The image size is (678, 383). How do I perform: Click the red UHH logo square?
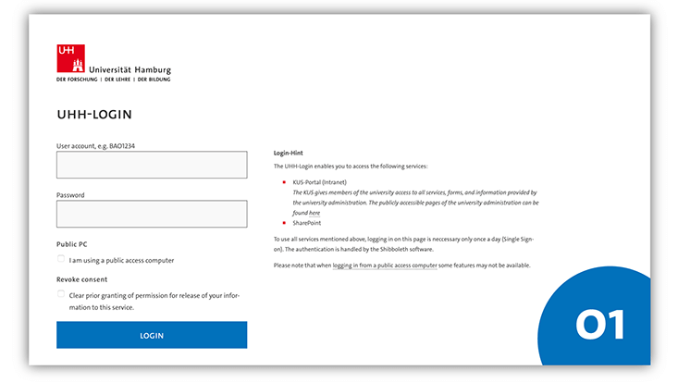[x=70, y=58]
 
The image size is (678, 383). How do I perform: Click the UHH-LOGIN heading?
[x=94, y=115]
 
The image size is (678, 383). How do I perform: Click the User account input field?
[x=152, y=165]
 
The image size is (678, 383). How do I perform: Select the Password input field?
[x=152, y=214]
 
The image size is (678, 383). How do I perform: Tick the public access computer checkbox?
[x=61, y=259]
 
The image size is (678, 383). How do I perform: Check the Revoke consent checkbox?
[x=61, y=294]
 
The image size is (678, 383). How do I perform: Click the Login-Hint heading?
[x=289, y=152]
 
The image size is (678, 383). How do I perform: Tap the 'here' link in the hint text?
[x=314, y=213]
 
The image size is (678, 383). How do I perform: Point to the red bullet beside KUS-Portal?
[x=284, y=183]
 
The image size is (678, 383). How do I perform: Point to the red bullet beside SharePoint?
[x=284, y=223]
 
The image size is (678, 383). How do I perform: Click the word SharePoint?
[x=307, y=223]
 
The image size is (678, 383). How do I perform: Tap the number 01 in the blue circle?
[x=599, y=325]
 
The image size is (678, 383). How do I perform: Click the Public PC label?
[x=72, y=244]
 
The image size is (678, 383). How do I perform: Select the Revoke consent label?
[x=81, y=278]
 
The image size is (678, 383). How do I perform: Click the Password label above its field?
[x=70, y=195]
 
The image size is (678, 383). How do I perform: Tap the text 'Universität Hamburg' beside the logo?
[x=129, y=69]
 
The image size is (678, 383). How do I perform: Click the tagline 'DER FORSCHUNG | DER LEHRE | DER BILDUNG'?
[x=113, y=80]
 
